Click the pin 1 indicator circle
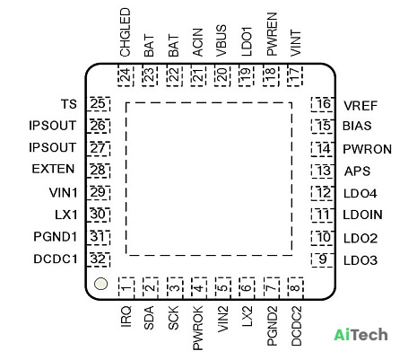click(100, 284)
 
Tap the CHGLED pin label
click(126, 32)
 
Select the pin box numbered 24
click(126, 75)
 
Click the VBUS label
click(222, 40)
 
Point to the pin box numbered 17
click(295, 75)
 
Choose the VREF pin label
click(361, 106)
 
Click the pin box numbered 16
click(323, 104)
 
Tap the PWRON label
click(367, 149)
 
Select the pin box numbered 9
click(323, 259)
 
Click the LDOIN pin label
click(363, 215)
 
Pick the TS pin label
click(69, 104)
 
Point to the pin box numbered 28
click(99, 171)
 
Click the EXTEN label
click(53, 169)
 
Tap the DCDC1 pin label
click(56, 259)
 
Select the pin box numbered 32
click(99, 259)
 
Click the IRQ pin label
click(126, 316)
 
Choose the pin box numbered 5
click(222, 288)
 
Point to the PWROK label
click(198, 328)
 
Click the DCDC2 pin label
click(296, 326)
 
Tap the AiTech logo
click(361, 335)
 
